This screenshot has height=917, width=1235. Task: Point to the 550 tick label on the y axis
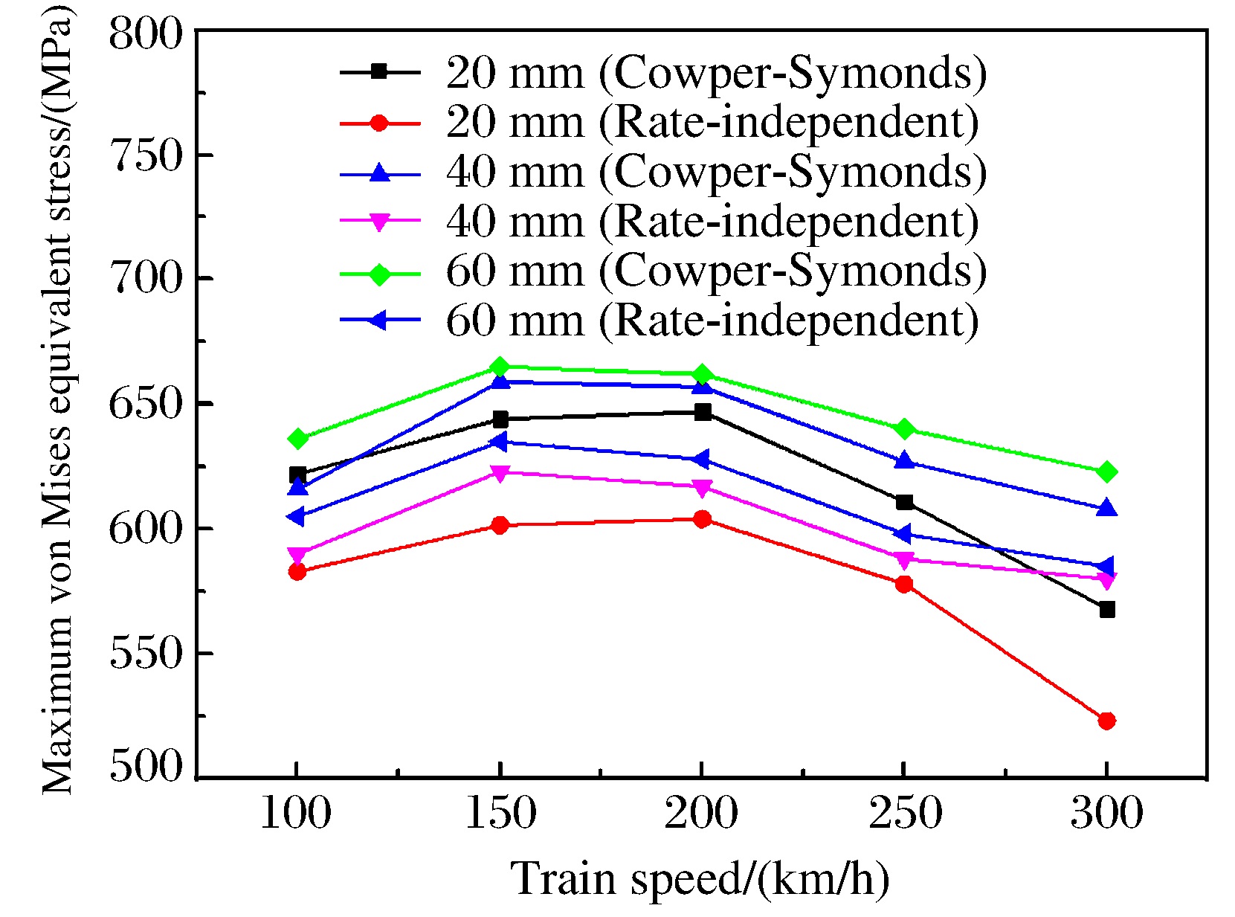pos(146,654)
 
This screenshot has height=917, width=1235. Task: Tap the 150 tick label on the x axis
pos(500,812)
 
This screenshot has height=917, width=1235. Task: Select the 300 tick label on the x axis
pos(1106,812)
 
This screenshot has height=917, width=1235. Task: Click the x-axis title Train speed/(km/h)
pos(700,878)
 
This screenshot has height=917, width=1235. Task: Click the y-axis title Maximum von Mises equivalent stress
pos(57,402)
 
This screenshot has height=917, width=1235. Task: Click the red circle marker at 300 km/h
pos(1106,721)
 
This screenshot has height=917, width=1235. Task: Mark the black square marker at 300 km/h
pos(1107,610)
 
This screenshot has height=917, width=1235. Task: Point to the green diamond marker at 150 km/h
pos(500,367)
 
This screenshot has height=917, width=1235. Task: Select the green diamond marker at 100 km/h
pos(297,439)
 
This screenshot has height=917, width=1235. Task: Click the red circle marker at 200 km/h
pos(702,519)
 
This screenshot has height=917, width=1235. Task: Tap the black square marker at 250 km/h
pos(904,502)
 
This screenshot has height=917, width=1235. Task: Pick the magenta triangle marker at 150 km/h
pos(500,473)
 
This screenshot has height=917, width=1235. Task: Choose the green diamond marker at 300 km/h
pos(1106,472)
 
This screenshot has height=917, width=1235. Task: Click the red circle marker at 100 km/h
pos(297,571)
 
